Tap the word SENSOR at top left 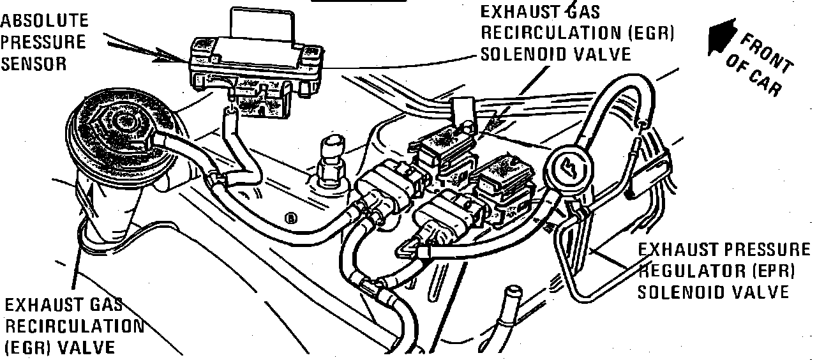34,64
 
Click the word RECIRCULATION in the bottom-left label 74,326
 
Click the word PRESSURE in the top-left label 43,42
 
